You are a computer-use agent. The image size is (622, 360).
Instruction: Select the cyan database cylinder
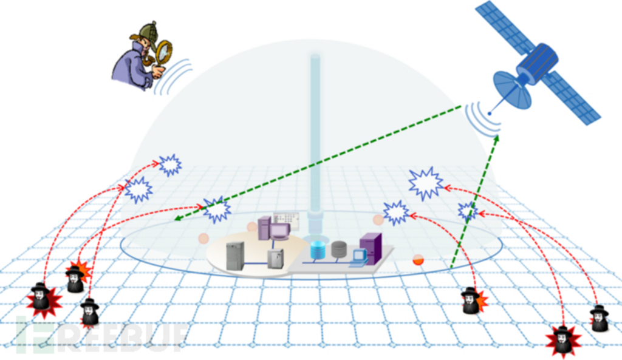[x=318, y=250]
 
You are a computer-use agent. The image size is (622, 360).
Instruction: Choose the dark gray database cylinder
[x=338, y=249]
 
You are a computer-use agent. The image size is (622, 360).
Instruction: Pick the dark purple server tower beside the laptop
[x=371, y=248]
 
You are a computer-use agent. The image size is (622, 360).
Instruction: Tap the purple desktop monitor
[x=279, y=232]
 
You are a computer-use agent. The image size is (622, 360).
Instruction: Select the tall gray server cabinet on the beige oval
[x=235, y=256]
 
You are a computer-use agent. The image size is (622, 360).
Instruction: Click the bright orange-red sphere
[x=418, y=260]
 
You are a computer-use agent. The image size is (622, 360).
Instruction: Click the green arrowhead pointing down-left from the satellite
[x=177, y=219]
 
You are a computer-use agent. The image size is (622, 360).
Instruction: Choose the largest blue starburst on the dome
[x=425, y=183]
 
